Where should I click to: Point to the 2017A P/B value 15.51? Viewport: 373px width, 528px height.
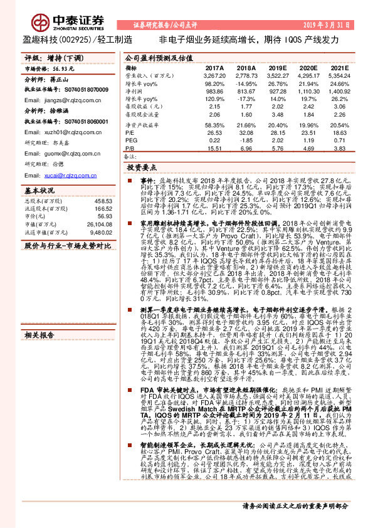pos(214,148)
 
